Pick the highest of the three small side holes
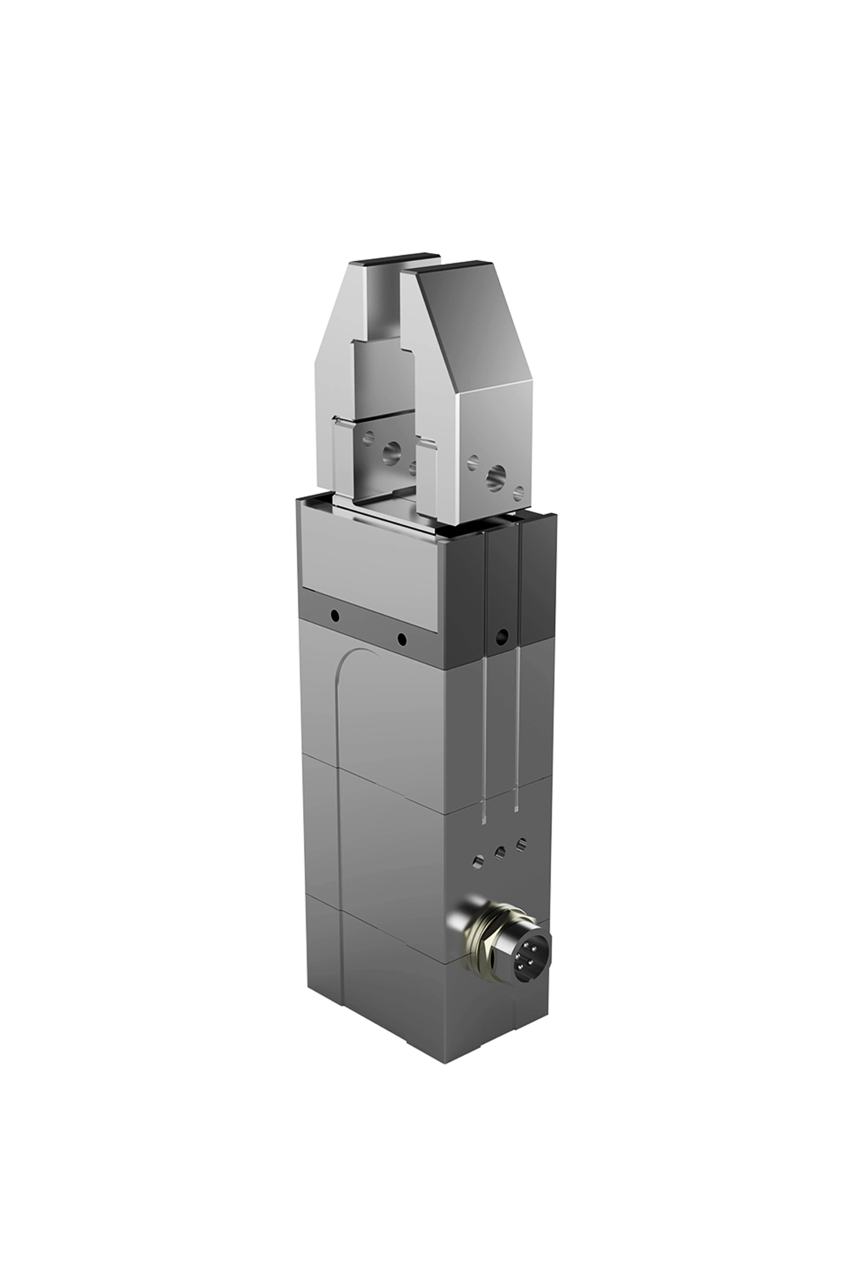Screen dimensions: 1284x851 pyautogui.click(x=521, y=842)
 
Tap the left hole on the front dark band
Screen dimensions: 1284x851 pyautogui.click(x=335, y=616)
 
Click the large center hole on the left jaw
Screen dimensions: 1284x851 pyautogui.click(x=391, y=449)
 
